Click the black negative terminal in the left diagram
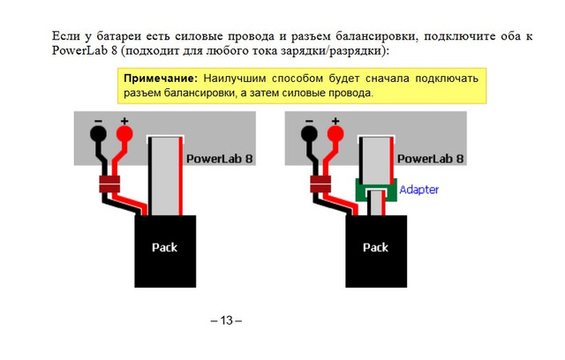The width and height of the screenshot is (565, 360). (x=98, y=133)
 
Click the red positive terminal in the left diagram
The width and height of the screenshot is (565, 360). (x=124, y=133)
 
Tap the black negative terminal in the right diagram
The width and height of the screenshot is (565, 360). (x=309, y=133)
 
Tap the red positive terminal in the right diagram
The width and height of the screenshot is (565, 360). (x=335, y=133)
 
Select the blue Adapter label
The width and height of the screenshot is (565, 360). (x=419, y=190)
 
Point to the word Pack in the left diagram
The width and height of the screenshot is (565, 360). (x=165, y=247)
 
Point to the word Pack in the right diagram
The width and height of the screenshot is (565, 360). (x=375, y=247)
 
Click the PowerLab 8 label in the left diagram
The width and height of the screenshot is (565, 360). (x=220, y=159)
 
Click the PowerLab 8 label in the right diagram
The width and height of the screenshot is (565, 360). (x=430, y=159)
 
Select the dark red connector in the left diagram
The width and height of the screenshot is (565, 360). (x=109, y=184)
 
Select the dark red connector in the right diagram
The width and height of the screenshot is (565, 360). (x=320, y=184)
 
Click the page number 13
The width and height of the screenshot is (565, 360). (x=227, y=320)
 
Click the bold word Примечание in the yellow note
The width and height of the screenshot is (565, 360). (x=161, y=79)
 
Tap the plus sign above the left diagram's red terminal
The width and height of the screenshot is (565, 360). (x=124, y=121)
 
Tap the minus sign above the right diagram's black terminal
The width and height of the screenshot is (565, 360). (x=309, y=121)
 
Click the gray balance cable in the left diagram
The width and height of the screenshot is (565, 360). (x=165, y=176)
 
